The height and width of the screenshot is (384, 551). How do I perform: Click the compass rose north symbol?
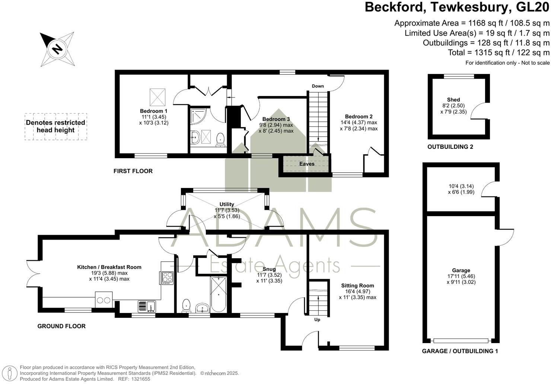click(57, 49)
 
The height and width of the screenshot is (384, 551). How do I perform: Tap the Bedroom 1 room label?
click(153, 111)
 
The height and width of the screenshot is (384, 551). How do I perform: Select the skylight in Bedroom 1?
click(157, 97)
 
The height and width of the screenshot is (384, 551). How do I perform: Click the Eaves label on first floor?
click(307, 164)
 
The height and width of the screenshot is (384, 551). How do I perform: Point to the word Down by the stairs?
click(318, 86)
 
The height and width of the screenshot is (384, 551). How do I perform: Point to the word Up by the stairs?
click(317, 319)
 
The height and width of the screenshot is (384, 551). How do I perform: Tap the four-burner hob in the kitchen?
click(168, 278)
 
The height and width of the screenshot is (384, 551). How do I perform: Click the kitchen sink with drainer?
click(147, 306)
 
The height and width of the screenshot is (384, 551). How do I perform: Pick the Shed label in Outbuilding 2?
click(453, 100)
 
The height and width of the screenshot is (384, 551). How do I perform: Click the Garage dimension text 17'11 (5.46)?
click(461, 276)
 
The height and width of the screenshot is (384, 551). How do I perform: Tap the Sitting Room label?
click(357, 286)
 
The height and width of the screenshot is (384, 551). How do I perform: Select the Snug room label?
click(269, 269)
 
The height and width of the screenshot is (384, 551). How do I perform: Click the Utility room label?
click(227, 204)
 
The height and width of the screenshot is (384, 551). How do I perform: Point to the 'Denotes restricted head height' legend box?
click(56, 127)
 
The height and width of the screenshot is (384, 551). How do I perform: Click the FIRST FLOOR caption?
click(133, 171)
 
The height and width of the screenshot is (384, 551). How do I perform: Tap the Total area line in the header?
click(499, 52)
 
